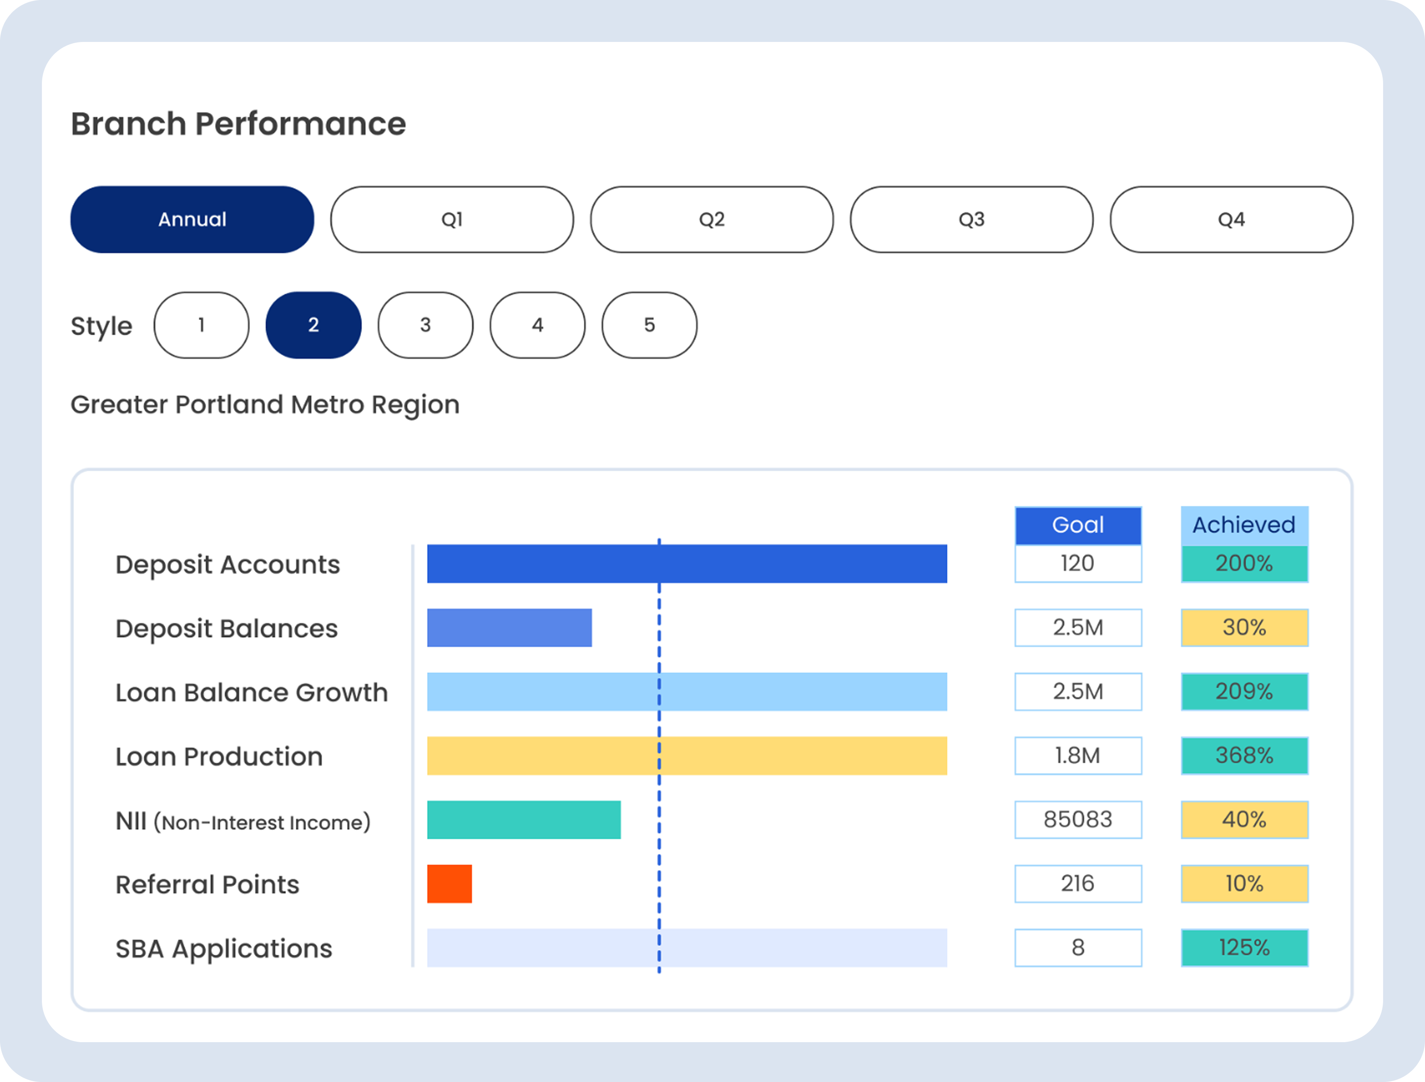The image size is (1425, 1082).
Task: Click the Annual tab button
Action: [192, 220]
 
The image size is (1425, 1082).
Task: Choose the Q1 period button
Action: [451, 220]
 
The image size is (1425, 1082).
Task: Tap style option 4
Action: [537, 325]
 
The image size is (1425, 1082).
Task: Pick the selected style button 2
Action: [313, 325]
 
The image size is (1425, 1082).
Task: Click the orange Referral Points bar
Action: [449, 884]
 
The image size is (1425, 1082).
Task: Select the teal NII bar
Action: [523, 820]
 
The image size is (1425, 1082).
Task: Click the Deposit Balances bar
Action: [509, 628]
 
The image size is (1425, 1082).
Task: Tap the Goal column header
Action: [1078, 525]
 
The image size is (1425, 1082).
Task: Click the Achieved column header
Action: [1244, 525]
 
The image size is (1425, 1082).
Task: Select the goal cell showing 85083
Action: [1078, 820]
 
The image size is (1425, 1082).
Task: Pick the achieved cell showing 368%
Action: [1244, 755]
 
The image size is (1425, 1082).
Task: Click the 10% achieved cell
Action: [1244, 884]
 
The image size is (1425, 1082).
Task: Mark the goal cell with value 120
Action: [1078, 563]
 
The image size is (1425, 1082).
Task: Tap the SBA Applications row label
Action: [223, 949]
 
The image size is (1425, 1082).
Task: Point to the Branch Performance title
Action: [238, 124]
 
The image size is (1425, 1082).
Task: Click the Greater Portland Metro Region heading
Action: [265, 405]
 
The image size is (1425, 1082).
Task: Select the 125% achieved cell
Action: [1244, 947]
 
